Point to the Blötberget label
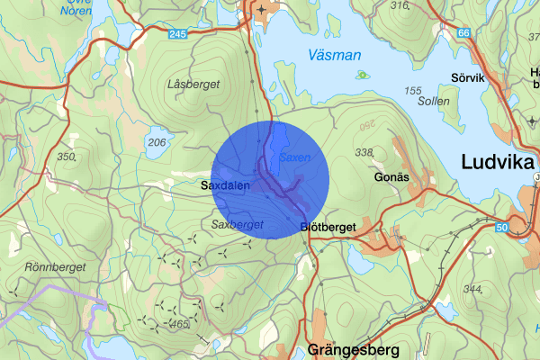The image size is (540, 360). (x=328, y=227)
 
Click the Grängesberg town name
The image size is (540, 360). (x=351, y=348)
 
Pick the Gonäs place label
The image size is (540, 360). (x=391, y=177)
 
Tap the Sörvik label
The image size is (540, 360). (x=469, y=77)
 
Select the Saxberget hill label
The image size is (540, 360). (x=237, y=223)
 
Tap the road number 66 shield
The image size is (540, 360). (x=463, y=33)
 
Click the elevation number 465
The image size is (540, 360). (x=180, y=323)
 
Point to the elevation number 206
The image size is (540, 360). (x=157, y=142)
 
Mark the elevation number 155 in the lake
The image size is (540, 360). (x=413, y=91)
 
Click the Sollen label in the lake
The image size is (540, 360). (x=434, y=102)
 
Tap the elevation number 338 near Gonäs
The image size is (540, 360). (x=364, y=153)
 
